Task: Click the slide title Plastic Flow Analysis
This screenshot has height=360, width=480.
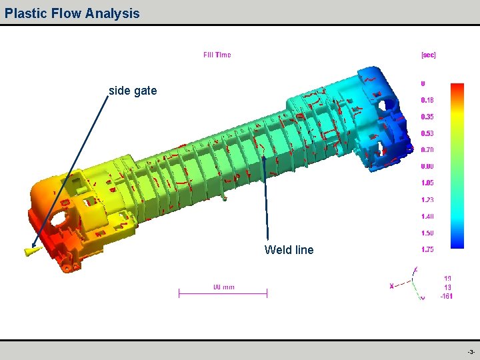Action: [72, 13]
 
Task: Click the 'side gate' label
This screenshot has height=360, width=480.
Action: [133, 91]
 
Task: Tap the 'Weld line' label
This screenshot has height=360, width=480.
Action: [289, 250]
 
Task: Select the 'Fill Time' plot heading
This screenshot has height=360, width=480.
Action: [217, 55]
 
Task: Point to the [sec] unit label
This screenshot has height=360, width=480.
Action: [428, 55]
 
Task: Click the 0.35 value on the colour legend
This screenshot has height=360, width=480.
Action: [427, 117]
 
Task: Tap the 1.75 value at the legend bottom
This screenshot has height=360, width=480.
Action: [427, 249]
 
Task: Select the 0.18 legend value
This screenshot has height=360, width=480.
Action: [427, 100]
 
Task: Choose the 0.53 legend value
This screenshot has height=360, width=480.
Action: [427, 133]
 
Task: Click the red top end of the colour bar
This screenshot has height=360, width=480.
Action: [457, 87]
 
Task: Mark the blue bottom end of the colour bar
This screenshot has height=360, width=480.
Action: [457, 244]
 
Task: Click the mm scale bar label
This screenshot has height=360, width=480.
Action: [223, 287]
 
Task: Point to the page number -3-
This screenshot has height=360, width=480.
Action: [471, 351]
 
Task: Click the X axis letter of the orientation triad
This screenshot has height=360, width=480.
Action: [391, 285]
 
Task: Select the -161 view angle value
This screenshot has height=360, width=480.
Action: [446, 297]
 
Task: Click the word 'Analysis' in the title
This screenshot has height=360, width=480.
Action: [113, 13]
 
